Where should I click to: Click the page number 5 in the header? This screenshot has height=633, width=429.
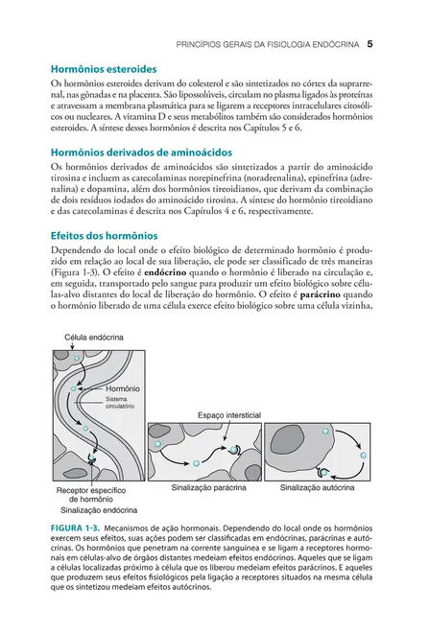tap(369, 44)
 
